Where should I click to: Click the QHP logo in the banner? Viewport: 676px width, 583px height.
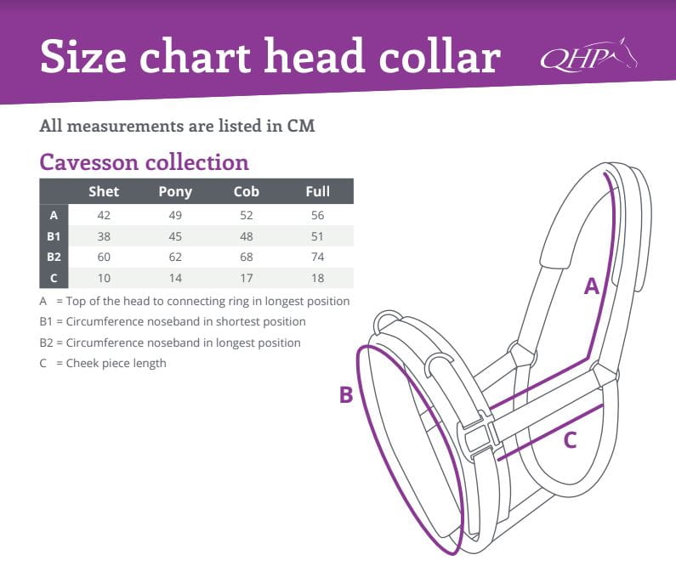(589, 54)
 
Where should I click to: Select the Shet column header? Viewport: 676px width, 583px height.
(104, 191)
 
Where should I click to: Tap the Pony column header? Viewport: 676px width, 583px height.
(175, 192)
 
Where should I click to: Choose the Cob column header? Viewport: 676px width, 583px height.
(247, 191)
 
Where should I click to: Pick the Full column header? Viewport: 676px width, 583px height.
(318, 191)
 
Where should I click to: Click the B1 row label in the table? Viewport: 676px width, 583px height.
(54, 236)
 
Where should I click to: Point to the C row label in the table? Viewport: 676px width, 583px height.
(54, 278)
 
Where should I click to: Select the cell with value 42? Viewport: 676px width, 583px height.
(104, 215)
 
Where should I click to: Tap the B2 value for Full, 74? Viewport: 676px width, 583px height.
(318, 257)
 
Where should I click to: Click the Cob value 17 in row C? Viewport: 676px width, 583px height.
(247, 278)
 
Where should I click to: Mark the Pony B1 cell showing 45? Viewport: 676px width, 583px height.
(175, 236)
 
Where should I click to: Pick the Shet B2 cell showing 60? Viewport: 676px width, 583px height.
(104, 257)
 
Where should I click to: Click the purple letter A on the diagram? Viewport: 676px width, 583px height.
(592, 286)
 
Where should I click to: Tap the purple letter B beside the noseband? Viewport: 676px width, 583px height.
(346, 394)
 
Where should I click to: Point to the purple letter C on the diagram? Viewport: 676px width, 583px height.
(570, 440)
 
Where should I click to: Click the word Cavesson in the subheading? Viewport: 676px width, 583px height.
(88, 162)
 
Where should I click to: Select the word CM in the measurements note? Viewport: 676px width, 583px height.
(301, 126)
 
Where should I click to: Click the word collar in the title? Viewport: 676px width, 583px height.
(440, 56)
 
